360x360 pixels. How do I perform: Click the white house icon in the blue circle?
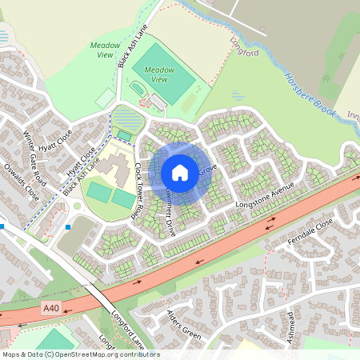click(x=180, y=172)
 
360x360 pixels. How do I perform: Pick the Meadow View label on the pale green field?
click(x=106, y=50)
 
